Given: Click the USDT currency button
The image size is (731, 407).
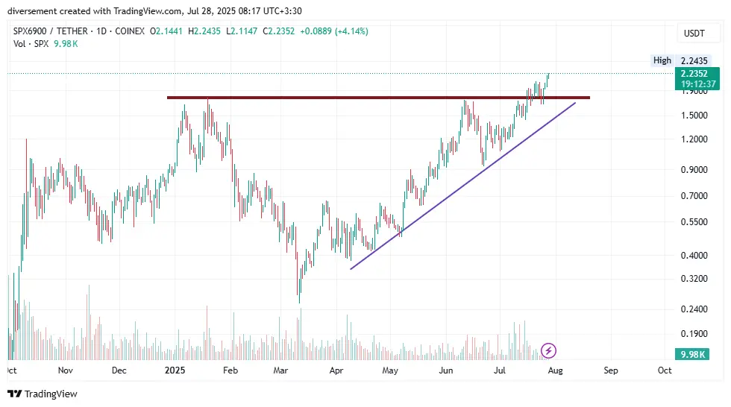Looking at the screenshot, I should [693, 34].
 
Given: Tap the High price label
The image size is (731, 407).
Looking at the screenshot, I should [662, 60].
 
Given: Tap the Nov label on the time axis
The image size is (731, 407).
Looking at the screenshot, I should [65, 370].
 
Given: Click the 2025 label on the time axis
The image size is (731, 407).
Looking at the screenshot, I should [175, 370].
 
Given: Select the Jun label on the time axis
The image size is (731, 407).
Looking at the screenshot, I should [446, 370].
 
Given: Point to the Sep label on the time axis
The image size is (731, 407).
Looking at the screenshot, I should [610, 370].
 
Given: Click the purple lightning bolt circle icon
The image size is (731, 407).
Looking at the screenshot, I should [548, 350].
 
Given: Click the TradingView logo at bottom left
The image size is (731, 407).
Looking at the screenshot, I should [43, 394].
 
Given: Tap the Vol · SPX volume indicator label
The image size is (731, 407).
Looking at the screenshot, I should [31, 44].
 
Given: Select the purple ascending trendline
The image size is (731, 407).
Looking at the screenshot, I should [462, 185].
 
